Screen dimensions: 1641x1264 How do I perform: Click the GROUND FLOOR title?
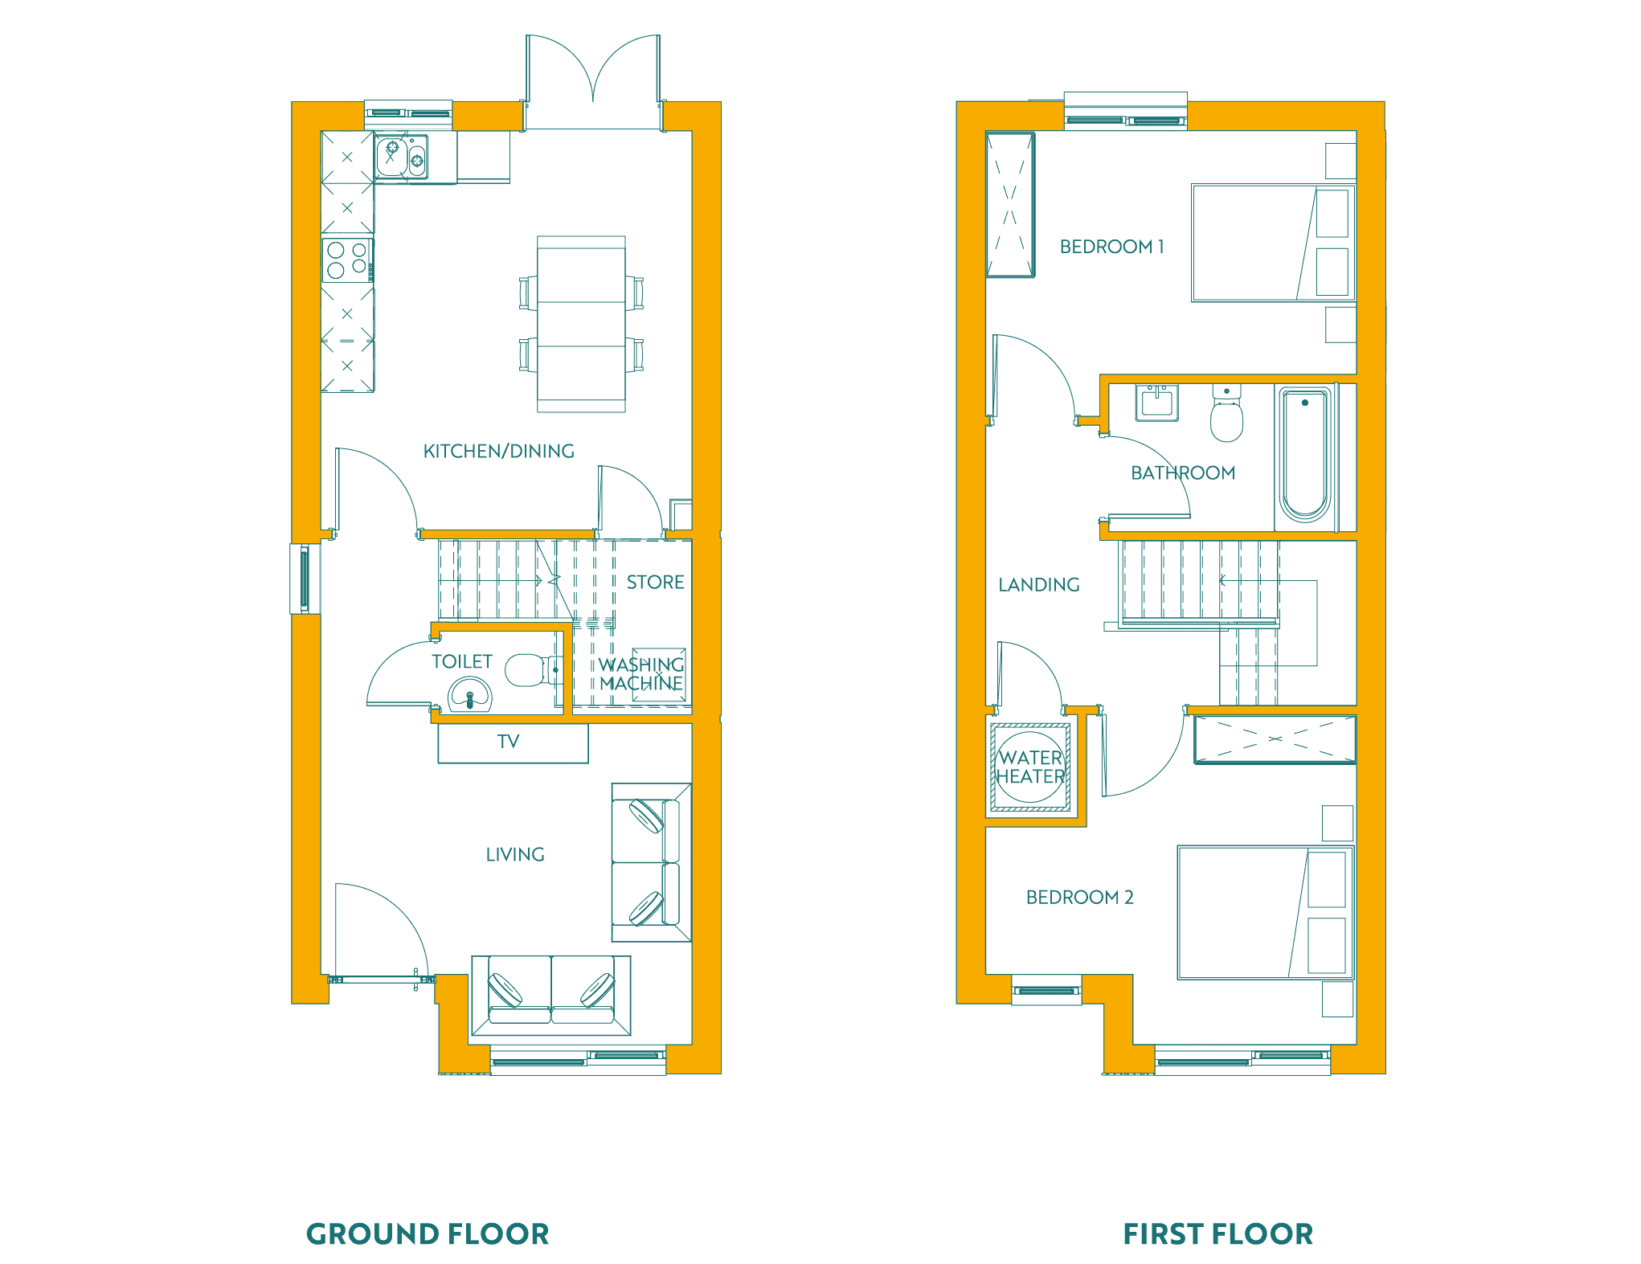[x=428, y=1233]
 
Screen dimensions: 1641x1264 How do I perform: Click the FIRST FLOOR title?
[x=1217, y=1233]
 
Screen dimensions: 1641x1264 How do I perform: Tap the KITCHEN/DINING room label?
[x=499, y=451]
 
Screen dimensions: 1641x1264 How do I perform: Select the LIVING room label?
[x=515, y=854]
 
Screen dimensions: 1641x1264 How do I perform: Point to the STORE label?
[x=656, y=582]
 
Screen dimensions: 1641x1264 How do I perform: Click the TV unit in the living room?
[x=513, y=743]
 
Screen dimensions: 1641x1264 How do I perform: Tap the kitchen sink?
[x=401, y=157]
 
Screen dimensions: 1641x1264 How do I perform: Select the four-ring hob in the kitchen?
[x=347, y=260]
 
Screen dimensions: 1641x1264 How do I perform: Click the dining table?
[x=581, y=324]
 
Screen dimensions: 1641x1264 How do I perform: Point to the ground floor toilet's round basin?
[x=469, y=695]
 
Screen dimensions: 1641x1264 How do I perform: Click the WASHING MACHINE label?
[x=641, y=674]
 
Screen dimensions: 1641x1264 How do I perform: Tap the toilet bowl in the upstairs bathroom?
[x=1226, y=414]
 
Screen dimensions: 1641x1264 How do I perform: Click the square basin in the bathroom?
[x=1156, y=403]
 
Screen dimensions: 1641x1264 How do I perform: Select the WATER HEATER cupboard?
[x=1030, y=768]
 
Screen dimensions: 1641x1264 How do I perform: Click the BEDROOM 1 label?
[x=1111, y=247]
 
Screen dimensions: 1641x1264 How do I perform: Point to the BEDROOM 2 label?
[x=1079, y=897]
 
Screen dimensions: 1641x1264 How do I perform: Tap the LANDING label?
[x=1038, y=584]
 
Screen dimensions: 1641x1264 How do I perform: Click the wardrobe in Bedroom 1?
[x=1010, y=205]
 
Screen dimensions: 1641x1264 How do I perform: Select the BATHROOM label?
[x=1183, y=472]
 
